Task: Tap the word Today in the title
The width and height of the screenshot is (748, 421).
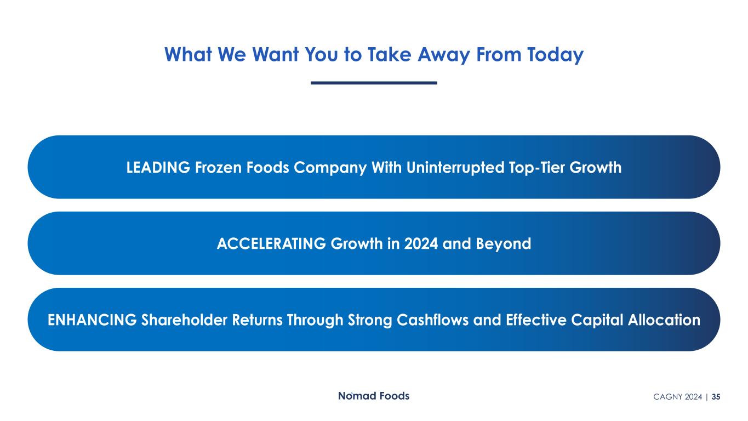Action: tap(555, 55)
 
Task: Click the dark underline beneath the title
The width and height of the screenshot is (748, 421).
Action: tap(374, 83)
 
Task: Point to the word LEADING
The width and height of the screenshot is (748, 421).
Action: tap(158, 167)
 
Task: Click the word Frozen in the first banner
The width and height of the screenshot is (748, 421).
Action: tap(218, 167)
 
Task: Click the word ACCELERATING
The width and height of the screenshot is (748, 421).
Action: tap(271, 243)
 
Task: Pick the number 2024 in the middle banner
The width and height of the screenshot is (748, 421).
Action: tap(421, 243)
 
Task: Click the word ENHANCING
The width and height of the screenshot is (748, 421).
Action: tap(92, 320)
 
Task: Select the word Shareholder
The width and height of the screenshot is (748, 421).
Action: tap(184, 320)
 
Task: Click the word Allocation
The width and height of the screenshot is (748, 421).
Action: tap(664, 320)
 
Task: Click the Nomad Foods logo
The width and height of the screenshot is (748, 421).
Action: tap(374, 396)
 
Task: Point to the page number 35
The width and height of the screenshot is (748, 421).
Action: tap(716, 397)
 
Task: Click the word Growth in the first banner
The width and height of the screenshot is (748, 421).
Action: tap(596, 167)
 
